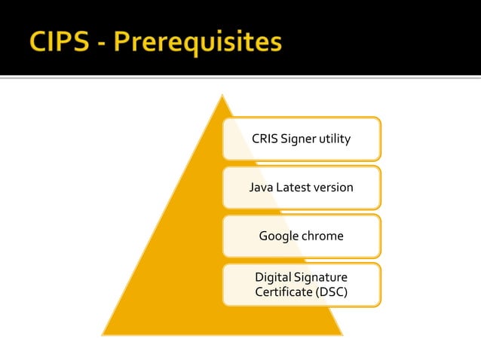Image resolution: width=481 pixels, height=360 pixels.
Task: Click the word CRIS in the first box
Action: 265,139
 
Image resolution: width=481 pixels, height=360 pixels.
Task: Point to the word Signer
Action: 298,139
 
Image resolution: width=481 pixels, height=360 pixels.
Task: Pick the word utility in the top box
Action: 334,139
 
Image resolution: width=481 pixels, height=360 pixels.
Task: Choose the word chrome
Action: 323,236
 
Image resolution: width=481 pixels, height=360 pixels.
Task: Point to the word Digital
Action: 274,278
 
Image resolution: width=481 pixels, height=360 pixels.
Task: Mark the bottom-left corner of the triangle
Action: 103,334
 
